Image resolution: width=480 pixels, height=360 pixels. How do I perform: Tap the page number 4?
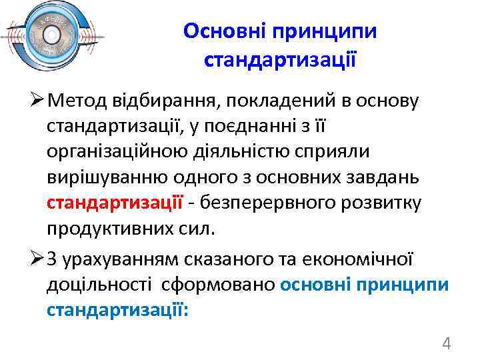click(x=447, y=344)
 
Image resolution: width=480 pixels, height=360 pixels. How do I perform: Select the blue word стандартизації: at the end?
click(x=118, y=309)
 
